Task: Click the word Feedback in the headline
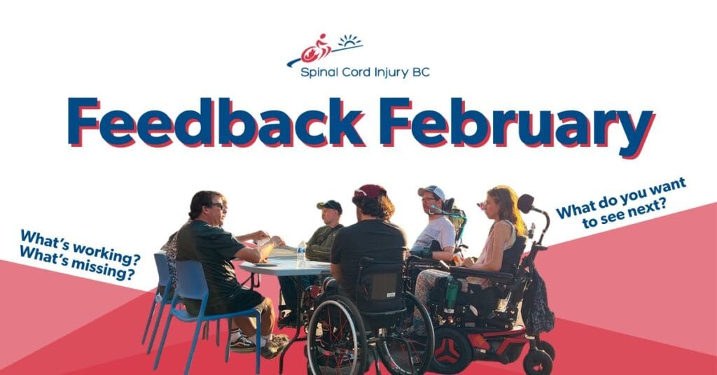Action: [x=216, y=122]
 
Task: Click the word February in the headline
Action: [x=517, y=127]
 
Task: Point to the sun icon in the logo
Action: [x=349, y=41]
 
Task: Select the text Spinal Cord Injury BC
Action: [x=365, y=72]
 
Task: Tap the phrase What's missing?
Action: [x=77, y=263]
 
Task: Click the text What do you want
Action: [x=620, y=198]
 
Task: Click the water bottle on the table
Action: [x=301, y=255]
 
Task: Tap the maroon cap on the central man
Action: [x=370, y=192]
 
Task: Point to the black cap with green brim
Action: [x=330, y=206]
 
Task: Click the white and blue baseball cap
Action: [x=431, y=192]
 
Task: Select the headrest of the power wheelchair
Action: [x=525, y=203]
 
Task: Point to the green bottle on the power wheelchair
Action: [x=451, y=293]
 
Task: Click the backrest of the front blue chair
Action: [x=192, y=285]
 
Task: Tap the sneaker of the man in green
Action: [x=274, y=346]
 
